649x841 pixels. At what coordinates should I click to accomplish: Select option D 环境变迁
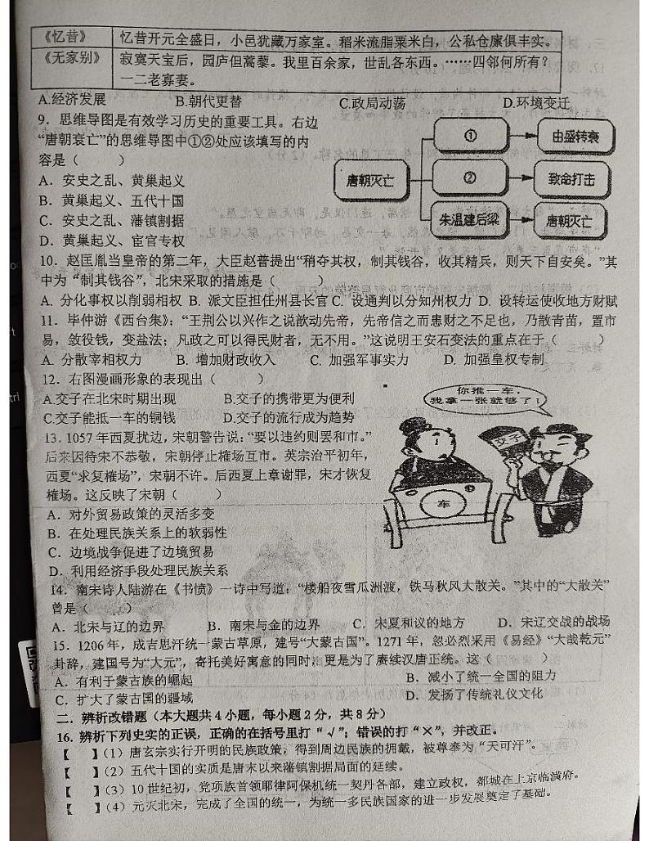click(536, 102)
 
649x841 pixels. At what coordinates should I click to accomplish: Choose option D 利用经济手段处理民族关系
click(138, 570)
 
